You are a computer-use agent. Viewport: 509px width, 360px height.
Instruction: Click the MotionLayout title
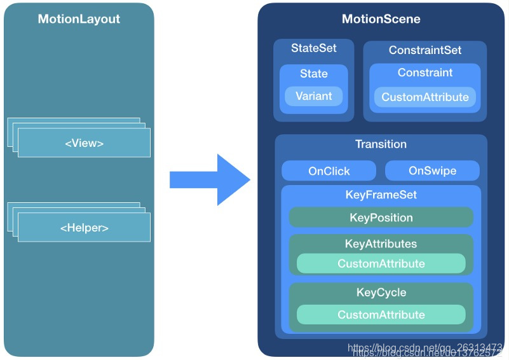pyautogui.click(x=79, y=19)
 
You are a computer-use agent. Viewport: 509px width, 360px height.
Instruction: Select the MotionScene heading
pyautogui.click(x=381, y=19)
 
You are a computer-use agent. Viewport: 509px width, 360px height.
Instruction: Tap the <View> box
pyautogui.click(x=84, y=143)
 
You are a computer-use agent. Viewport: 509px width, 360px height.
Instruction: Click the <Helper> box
pyautogui.click(x=84, y=228)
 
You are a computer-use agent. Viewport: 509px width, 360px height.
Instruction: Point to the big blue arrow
pyautogui.click(x=210, y=180)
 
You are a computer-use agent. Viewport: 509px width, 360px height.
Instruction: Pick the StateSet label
pyautogui.click(x=314, y=48)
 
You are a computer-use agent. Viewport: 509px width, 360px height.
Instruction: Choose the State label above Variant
pyautogui.click(x=314, y=74)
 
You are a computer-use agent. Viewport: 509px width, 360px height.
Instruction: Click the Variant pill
pyautogui.click(x=314, y=96)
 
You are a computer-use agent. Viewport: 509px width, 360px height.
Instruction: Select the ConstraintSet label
pyautogui.click(x=425, y=50)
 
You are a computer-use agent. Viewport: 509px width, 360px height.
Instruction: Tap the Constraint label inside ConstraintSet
pyautogui.click(x=425, y=73)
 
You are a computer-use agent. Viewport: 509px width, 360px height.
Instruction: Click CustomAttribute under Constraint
pyautogui.click(x=425, y=97)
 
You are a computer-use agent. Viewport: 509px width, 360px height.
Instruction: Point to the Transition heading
pyautogui.click(x=381, y=144)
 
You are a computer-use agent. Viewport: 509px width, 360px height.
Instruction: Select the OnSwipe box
pyautogui.click(x=432, y=170)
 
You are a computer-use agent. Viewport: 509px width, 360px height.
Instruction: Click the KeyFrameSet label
pyautogui.click(x=381, y=195)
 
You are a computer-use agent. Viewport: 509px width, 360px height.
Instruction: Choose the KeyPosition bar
pyautogui.click(x=381, y=218)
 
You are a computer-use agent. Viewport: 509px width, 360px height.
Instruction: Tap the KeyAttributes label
pyautogui.click(x=381, y=244)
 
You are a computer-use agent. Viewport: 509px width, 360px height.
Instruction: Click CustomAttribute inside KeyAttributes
pyautogui.click(x=381, y=263)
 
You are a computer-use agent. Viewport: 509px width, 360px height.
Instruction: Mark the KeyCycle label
pyautogui.click(x=381, y=293)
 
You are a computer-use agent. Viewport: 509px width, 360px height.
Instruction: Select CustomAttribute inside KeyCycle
pyautogui.click(x=381, y=315)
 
